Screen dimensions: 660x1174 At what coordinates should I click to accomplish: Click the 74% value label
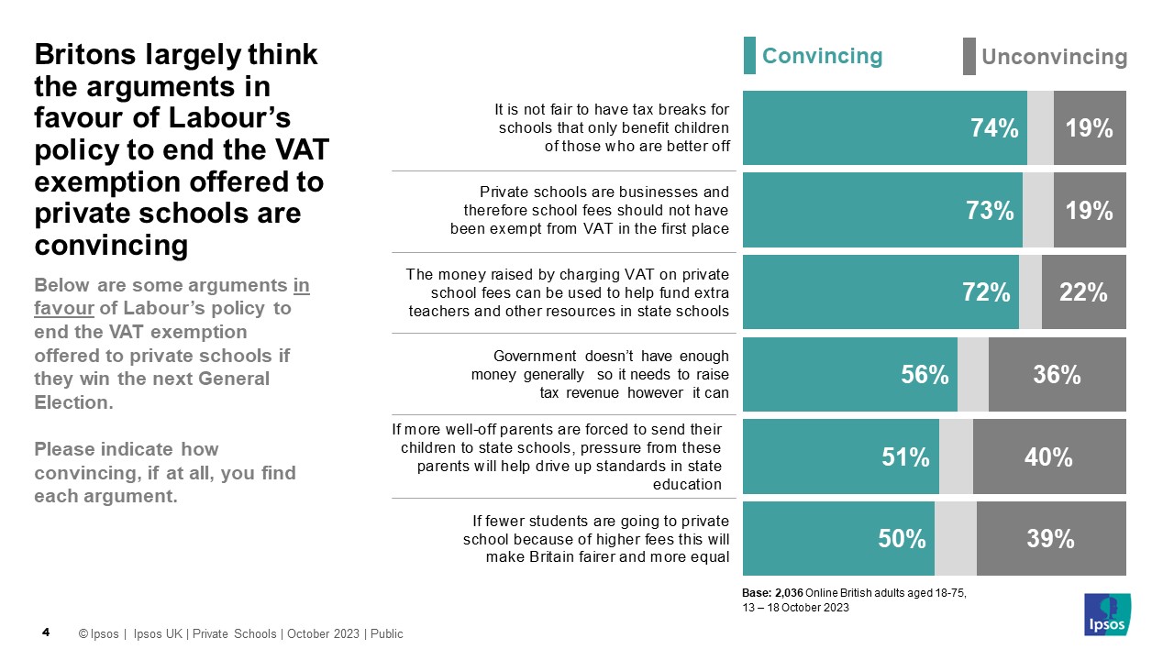coord(995,129)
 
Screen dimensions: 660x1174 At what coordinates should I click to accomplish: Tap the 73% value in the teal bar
coord(990,211)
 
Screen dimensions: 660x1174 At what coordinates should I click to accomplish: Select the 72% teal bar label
coord(986,292)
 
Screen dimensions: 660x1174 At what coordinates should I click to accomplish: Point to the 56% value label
coord(925,375)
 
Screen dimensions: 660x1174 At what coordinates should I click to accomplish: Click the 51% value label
coord(906,456)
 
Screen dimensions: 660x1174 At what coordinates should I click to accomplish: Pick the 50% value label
coord(902,539)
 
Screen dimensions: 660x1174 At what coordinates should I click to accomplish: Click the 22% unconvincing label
coord(1083,292)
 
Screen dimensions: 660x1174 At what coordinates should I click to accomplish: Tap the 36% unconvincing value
coord(1057,375)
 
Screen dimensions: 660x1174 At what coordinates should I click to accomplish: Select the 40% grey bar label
coord(1049,456)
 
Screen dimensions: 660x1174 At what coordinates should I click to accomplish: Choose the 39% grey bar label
coord(1050,539)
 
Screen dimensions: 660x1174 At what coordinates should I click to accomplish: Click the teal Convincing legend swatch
coord(749,56)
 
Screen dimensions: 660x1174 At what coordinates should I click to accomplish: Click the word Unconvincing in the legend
coord(1054,57)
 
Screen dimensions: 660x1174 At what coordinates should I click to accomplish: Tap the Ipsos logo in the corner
coord(1108,614)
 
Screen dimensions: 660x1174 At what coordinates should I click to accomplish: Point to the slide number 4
coord(47,632)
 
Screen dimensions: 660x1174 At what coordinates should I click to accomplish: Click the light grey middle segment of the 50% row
coord(955,539)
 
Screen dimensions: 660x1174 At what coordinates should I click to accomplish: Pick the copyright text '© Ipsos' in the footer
coord(98,633)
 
